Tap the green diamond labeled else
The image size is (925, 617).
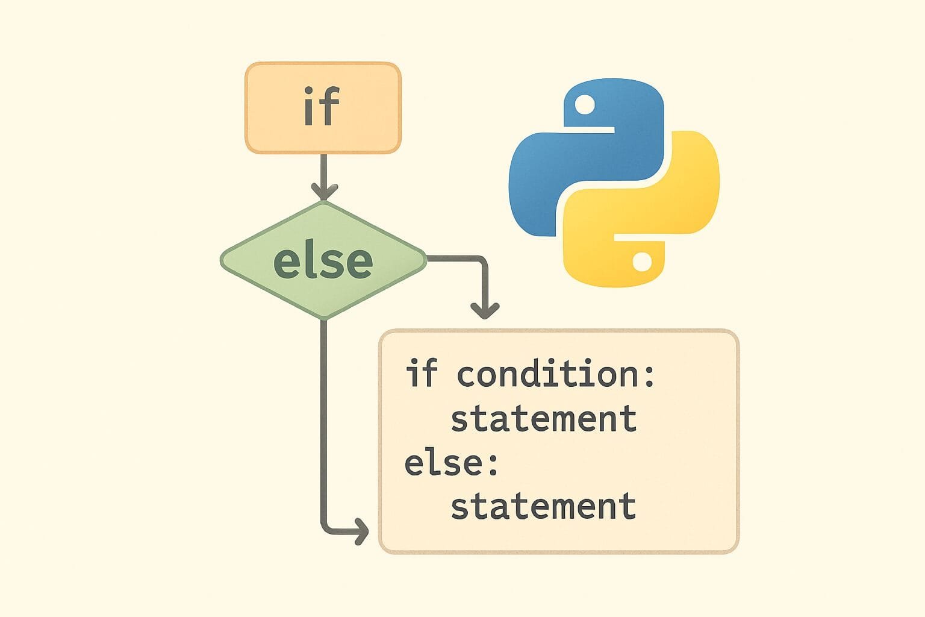coord(323,260)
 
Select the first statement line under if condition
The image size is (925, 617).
coord(543,419)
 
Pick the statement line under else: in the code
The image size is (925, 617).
coord(543,506)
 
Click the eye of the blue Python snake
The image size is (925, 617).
coord(584,106)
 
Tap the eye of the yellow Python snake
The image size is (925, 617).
coord(642,262)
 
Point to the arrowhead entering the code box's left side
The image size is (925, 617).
coord(361,531)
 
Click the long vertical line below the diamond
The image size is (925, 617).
coord(324,422)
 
